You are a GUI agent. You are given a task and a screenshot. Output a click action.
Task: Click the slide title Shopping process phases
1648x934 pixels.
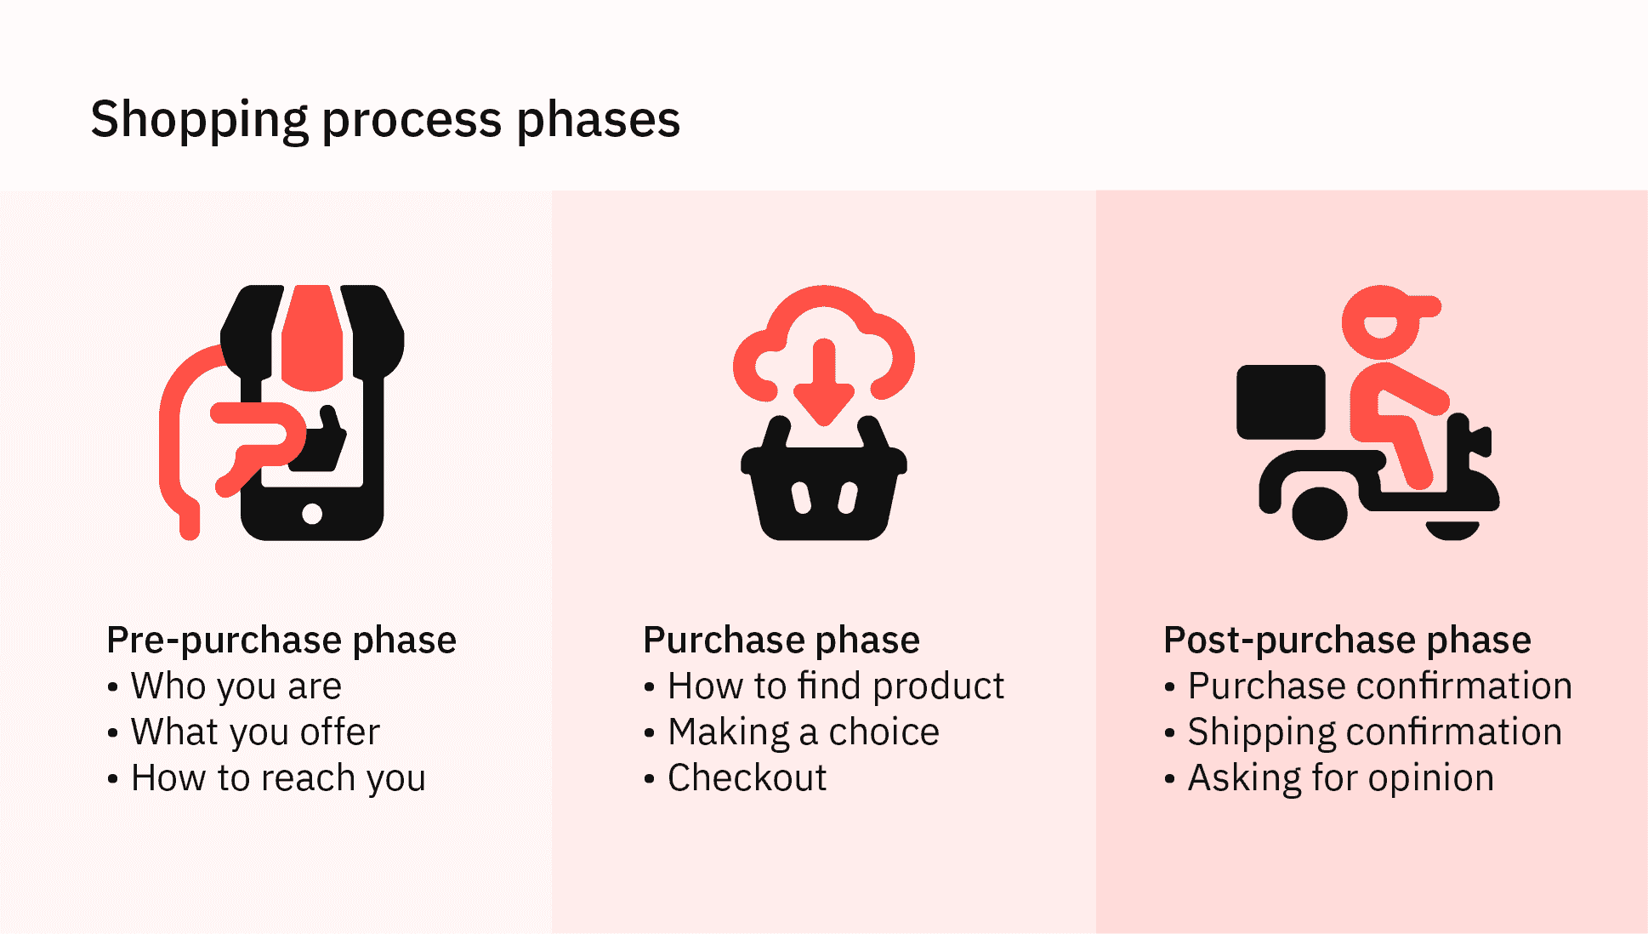(x=385, y=118)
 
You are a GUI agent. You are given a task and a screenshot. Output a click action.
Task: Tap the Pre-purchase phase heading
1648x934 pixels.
(x=281, y=640)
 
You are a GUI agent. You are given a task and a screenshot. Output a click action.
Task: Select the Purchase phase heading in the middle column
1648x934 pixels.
(x=781, y=640)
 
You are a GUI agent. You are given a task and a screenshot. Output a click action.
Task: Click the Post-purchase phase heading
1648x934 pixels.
(x=1347, y=640)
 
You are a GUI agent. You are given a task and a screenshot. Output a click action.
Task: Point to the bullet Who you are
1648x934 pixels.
(x=236, y=686)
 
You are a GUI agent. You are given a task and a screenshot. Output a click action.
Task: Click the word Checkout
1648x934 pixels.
(x=747, y=777)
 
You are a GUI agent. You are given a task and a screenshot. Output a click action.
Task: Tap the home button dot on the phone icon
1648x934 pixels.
(x=312, y=514)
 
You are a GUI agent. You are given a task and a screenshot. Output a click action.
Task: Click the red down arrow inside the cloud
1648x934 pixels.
(x=823, y=382)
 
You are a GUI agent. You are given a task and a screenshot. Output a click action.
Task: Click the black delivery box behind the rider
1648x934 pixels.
(x=1281, y=402)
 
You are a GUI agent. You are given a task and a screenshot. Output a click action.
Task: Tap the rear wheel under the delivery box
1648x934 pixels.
(x=1320, y=513)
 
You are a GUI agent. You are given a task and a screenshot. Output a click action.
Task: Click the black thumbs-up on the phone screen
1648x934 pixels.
(x=320, y=441)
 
